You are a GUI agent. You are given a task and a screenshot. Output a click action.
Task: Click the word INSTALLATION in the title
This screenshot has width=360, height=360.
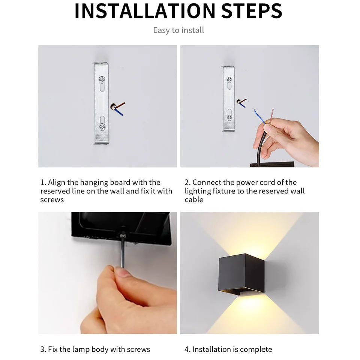pos(145,11)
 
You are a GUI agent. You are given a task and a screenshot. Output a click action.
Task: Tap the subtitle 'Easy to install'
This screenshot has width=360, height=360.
pos(178,30)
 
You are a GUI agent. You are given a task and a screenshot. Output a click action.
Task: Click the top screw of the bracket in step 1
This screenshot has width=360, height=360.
pos(101,80)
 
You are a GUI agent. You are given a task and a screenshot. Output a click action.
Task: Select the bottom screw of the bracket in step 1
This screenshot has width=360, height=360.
pos(101,126)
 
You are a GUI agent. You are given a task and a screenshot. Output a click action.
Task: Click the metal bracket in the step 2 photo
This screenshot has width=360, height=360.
pos(229,99)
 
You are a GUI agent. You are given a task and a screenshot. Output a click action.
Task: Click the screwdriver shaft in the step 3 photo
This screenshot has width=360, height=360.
pos(122,251)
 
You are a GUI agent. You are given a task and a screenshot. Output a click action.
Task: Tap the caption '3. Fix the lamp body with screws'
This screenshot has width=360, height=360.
pos(95,349)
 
